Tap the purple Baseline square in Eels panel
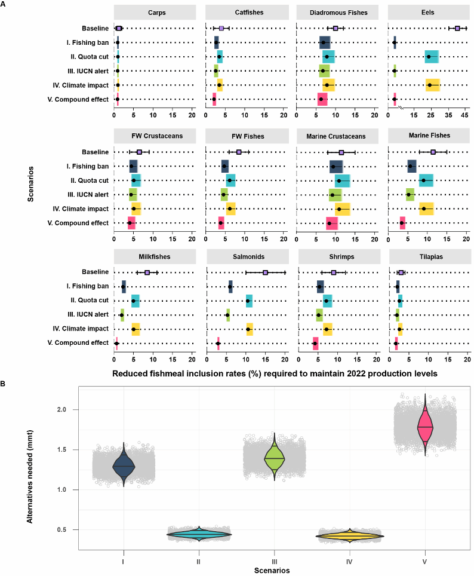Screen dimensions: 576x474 457,28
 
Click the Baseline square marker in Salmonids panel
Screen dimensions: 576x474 265,272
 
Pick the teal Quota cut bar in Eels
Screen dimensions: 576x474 432,57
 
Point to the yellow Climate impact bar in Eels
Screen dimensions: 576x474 433,85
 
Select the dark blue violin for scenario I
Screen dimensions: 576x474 123,465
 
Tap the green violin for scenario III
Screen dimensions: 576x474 274,458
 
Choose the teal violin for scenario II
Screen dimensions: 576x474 199,534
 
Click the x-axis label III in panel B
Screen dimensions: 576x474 274,562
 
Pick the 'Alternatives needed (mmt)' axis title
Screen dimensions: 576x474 30,471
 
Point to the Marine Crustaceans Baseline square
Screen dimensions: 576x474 341,152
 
